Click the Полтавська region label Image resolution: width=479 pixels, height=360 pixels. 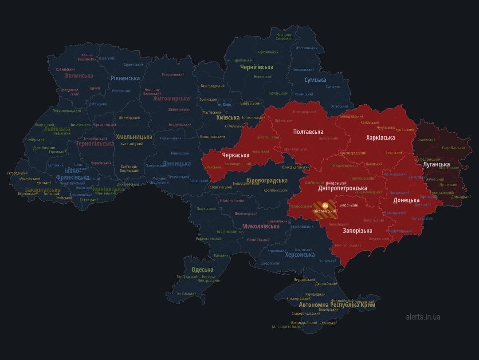click(x=308, y=132)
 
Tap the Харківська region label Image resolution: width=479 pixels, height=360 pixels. click(x=380, y=138)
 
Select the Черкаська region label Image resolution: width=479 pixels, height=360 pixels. click(x=236, y=155)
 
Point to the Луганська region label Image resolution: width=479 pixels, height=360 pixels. click(x=436, y=164)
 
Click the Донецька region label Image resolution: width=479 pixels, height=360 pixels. click(x=406, y=200)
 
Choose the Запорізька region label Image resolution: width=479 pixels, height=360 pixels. click(x=357, y=231)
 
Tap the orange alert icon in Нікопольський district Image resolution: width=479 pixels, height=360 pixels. click(x=325, y=205)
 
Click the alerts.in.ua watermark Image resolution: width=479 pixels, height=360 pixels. click(x=423, y=317)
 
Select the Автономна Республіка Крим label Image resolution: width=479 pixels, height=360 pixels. click(x=337, y=305)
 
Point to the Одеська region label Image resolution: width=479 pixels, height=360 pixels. click(x=202, y=269)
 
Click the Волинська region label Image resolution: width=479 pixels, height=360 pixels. click(x=79, y=75)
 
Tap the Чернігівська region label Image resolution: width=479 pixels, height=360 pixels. click(x=256, y=67)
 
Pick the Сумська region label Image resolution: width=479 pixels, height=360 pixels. click(x=315, y=80)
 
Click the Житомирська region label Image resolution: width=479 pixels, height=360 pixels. click(x=171, y=99)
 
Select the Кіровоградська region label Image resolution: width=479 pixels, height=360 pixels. click(x=267, y=181)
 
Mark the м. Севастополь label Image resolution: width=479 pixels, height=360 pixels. click(x=286, y=326)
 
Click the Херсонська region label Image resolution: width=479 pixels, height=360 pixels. click(x=300, y=255)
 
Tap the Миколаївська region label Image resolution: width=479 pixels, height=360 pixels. click(x=261, y=226)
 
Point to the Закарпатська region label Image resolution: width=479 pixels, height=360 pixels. click(x=43, y=190)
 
